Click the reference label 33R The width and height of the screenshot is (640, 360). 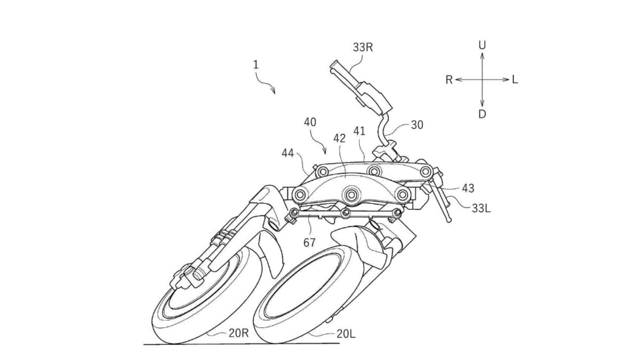coord(363,47)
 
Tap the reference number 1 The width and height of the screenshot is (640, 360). coord(255,65)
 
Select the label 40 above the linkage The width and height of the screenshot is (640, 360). coord(310,122)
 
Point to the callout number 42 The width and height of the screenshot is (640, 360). coord(339,138)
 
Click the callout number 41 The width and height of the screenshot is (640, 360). coord(359,131)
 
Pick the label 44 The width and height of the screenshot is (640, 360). coord(287,154)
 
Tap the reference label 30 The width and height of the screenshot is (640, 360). coord(417,125)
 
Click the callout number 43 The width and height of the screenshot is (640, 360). coord(468,188)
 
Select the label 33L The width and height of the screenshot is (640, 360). coord(481,209)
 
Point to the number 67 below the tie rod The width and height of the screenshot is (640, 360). coord(309,243)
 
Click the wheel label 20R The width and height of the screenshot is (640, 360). coord(238,333)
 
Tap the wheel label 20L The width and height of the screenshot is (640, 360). coord(346,334)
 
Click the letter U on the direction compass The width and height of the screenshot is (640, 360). coord(482,45)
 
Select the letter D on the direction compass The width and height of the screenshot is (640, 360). coord(482,114)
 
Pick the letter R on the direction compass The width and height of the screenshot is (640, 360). coord(449,80)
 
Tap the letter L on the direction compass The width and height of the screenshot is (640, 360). coord(515,79)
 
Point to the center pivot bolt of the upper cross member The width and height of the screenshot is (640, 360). coord(374,171)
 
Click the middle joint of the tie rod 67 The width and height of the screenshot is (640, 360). coord(346,212)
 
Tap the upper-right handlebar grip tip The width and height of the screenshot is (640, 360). coord(334,65)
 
